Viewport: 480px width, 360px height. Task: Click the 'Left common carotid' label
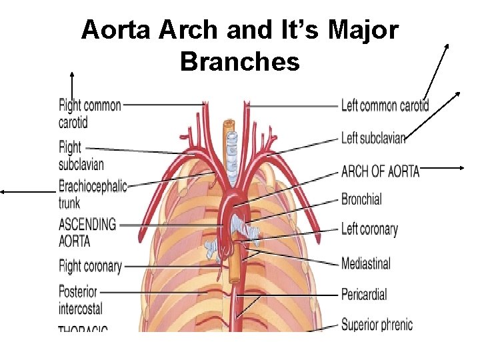(385, 105)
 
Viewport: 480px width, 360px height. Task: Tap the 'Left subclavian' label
(373, 139)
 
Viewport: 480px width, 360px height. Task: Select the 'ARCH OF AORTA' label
(380, 171)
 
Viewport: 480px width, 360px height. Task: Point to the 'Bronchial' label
(361, 199)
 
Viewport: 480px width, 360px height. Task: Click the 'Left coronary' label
(369, 230)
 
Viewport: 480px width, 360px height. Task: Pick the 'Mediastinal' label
(365, 263)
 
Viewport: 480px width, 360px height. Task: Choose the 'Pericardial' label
(364, 294)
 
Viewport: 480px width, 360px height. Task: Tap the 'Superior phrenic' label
(377, 325)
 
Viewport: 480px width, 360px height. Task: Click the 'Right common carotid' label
(89, 113)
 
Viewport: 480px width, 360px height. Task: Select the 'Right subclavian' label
(81, 155)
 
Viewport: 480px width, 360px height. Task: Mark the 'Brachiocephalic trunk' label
(92, 193)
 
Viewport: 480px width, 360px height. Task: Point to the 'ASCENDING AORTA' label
(87, 232)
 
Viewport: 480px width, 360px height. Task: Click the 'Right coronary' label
(90, 267)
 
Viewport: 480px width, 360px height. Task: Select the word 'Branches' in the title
(239, 62)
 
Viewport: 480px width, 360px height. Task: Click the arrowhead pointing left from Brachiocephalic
(3, 191)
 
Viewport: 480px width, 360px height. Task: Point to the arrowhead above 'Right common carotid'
(71, 74)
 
